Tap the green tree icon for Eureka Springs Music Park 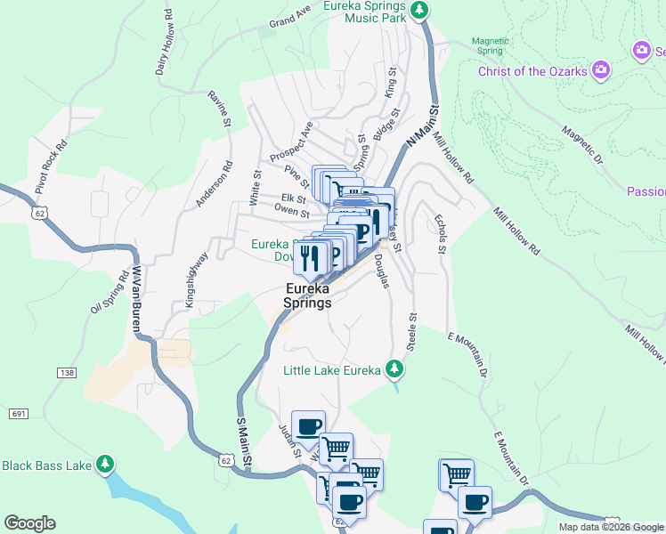pyautogui.click(x=420, y=11)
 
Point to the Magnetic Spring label pyautogui.click(x=490, y=45)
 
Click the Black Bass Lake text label pyautogui.click(x=46, y=465)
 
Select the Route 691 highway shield pyautogui.click(x=18, y=414)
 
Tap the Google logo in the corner pyautogui.click(x=29, y=523)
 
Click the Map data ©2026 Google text pyautogui.click(x=611, y=527)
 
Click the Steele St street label pyautogui.click(x=412, y=331)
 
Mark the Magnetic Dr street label pyautogui.click(x=582, y=143)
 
